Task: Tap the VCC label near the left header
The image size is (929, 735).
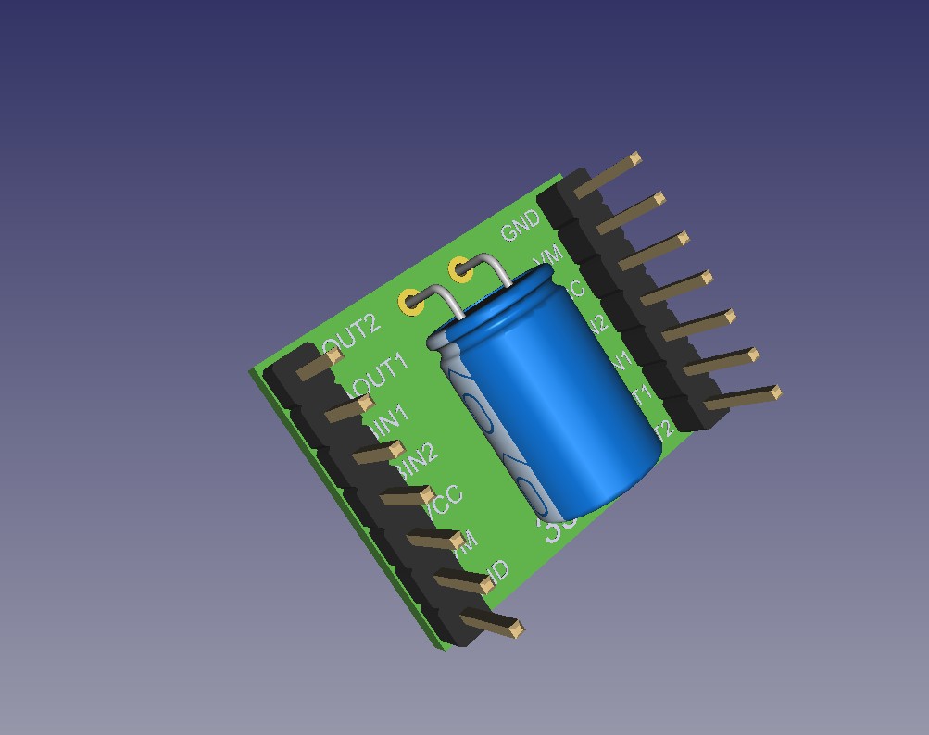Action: click(x=442, y=501)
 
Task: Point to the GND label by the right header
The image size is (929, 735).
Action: click(x=520, y=225)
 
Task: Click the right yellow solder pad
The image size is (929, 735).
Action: click(x=459, y=270)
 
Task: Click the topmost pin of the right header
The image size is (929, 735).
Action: click(x=608, y=175)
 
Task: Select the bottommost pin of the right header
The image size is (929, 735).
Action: click(x=741, y=398)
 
